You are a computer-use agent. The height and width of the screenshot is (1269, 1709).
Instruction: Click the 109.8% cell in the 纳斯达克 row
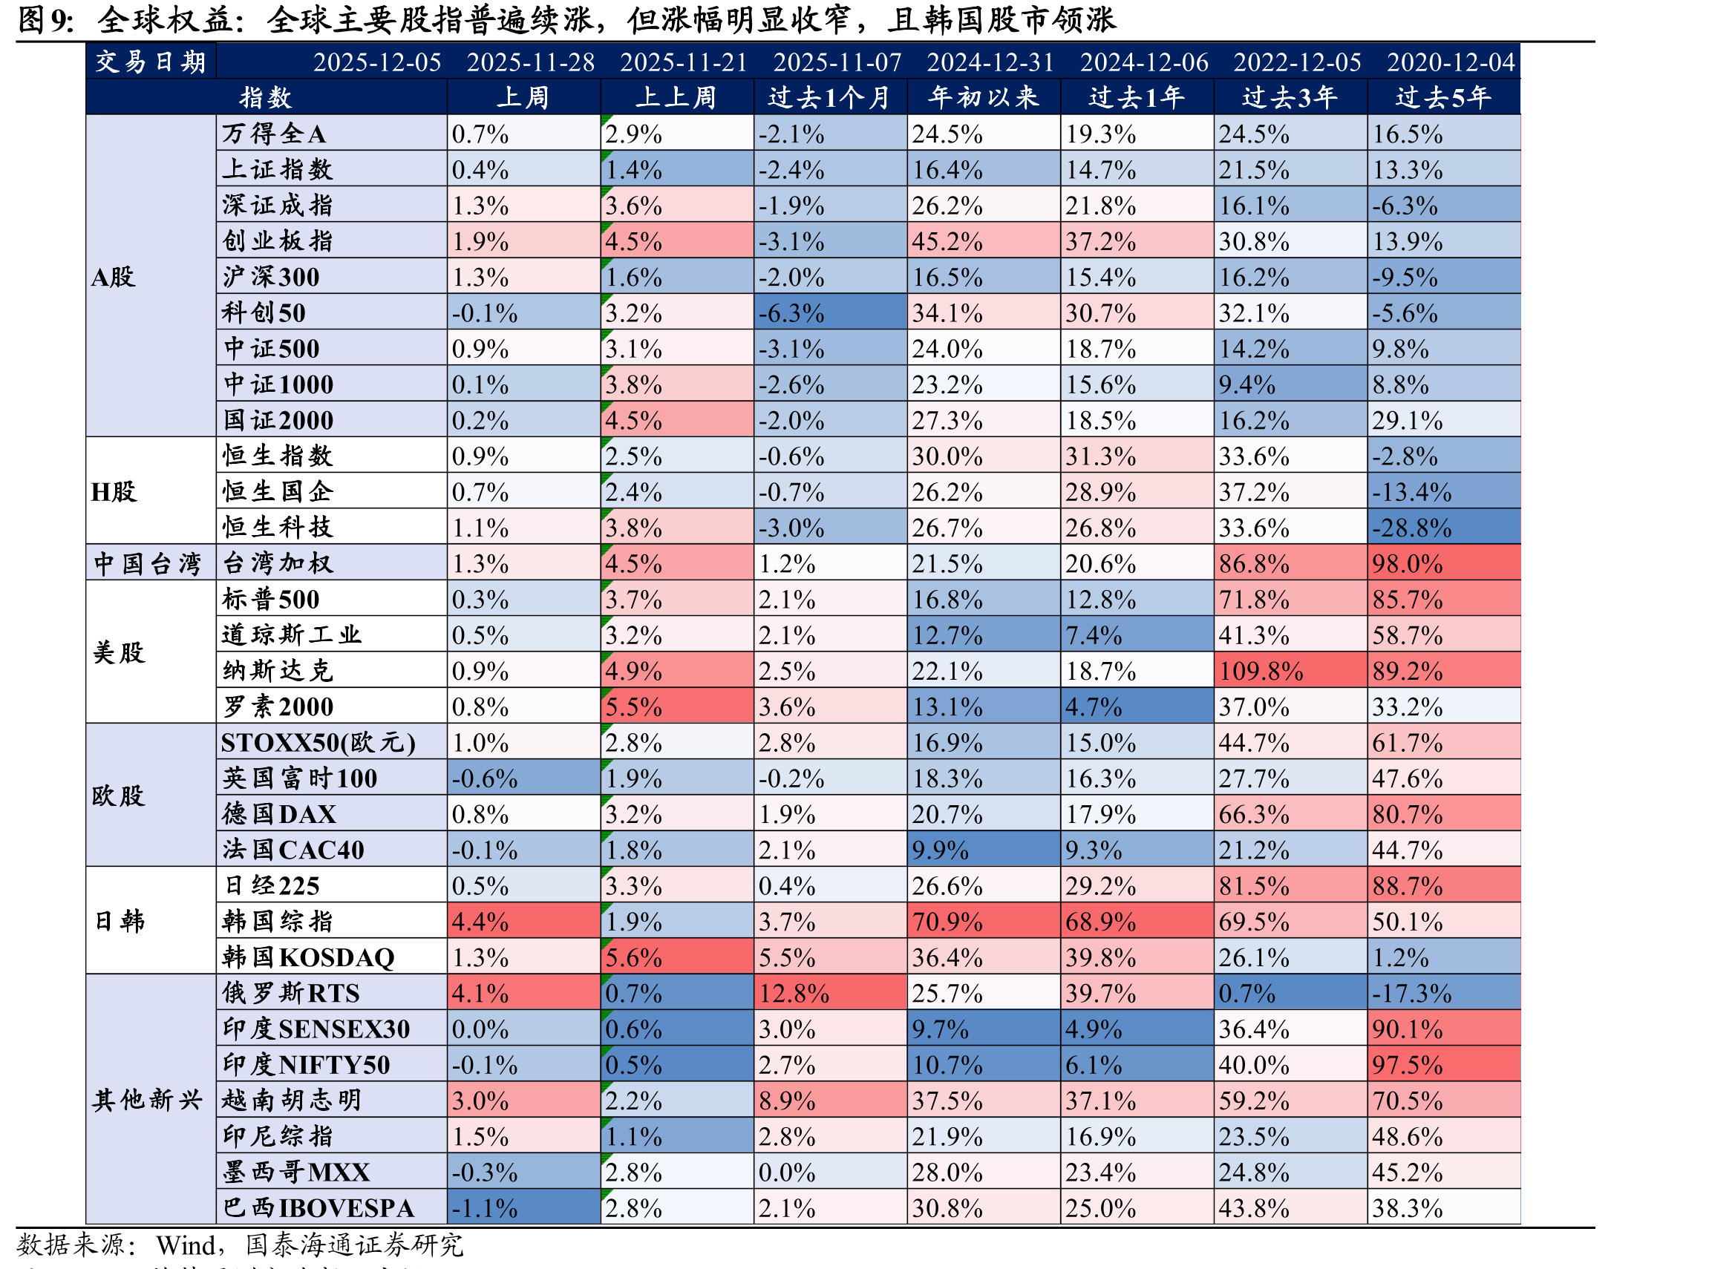click(1290, 671)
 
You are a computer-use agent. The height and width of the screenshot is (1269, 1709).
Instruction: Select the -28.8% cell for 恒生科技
click(1442, 528)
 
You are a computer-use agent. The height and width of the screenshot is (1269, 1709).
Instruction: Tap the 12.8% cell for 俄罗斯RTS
click(829, 993)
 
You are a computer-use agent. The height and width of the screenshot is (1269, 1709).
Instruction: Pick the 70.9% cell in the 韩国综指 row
click(983, 922)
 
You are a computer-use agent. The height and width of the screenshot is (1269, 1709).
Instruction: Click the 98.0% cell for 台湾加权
click(1442, 564)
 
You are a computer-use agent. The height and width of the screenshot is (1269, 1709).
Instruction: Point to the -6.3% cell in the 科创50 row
click(829, 312)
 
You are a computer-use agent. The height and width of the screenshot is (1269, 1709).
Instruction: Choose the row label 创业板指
click(278, 241)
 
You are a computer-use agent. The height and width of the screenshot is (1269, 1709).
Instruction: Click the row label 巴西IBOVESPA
click(318, 1207)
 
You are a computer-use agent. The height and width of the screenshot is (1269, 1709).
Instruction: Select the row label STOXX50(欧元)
click(318, 743)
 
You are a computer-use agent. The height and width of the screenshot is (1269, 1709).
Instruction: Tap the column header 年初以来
click(983, 97)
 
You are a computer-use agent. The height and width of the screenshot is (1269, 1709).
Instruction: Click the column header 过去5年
click(1442, 97)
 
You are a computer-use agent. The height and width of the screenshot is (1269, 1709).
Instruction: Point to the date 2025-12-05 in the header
click(376, 62)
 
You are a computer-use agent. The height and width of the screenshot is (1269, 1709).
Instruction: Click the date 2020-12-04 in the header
click(1450, 62)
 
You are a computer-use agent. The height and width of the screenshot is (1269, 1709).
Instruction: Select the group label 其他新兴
click(147, 1100)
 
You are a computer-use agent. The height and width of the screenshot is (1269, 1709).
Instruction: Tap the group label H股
click(113, 491)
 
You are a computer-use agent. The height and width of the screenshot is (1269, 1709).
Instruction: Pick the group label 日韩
click(119, 921)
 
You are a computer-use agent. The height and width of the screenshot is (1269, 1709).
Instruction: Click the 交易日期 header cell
click(151, 62)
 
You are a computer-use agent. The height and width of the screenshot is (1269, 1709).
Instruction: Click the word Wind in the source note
click(184, 1245)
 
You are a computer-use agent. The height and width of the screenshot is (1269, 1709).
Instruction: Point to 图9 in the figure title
click(45, 20)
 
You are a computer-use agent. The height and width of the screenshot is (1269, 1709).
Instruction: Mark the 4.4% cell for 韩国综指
click(523, 922)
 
